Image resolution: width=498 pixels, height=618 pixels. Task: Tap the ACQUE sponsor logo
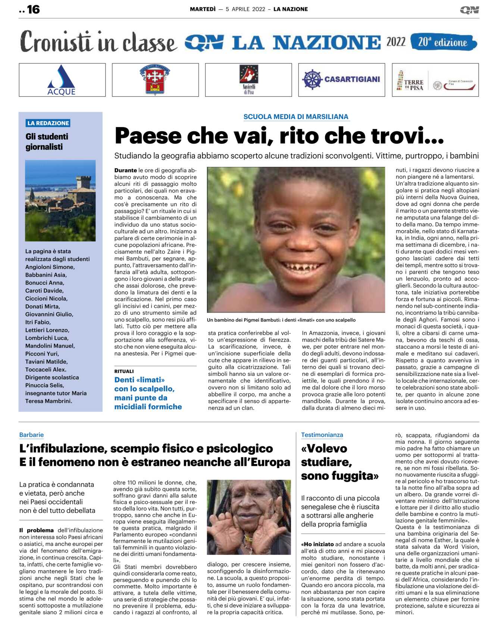62,80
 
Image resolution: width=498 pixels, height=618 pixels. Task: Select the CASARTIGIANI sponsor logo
341,79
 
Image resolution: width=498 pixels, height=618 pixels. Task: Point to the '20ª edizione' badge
443,42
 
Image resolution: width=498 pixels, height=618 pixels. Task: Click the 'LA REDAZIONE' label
48,123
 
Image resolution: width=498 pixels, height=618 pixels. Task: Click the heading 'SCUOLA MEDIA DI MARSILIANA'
295,117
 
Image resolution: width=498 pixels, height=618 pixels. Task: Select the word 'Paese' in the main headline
148,136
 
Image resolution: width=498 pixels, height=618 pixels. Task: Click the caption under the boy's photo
281,320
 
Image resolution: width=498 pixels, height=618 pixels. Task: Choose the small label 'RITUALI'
124,371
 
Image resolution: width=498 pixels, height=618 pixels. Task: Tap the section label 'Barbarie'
31,435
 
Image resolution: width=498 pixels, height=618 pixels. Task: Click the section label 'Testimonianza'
322,435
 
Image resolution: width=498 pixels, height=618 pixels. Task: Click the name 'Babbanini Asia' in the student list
46,275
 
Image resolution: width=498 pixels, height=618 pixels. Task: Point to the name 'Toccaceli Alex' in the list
46,370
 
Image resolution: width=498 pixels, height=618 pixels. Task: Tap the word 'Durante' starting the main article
125,170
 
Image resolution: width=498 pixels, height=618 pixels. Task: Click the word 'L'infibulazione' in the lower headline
62,449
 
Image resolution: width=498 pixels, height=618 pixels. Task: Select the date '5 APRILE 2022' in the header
245,9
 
